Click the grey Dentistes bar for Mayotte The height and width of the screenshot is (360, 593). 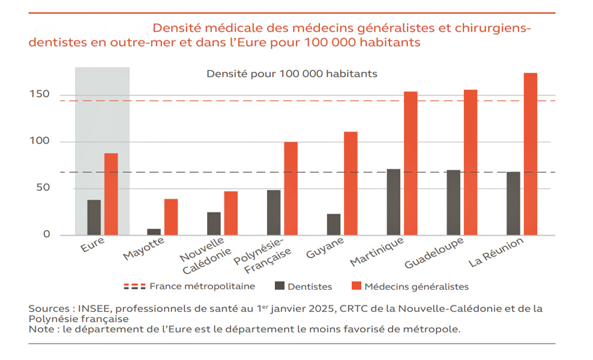(154, 232)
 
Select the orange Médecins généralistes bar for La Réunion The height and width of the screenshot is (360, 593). (530, 154)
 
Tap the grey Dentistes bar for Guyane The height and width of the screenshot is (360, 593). (334, 224)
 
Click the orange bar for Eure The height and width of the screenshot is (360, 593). (111, 194)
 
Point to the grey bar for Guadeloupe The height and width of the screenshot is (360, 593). (453, 202)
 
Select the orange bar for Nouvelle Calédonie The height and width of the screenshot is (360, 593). (231, 213)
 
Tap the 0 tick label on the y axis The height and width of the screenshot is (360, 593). (46, 234)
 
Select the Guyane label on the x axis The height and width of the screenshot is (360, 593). (326, 248)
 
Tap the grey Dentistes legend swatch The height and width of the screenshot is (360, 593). (280, 287)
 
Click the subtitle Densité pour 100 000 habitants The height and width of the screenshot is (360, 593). (292, 74)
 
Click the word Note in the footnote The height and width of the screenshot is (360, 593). (40, 329)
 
